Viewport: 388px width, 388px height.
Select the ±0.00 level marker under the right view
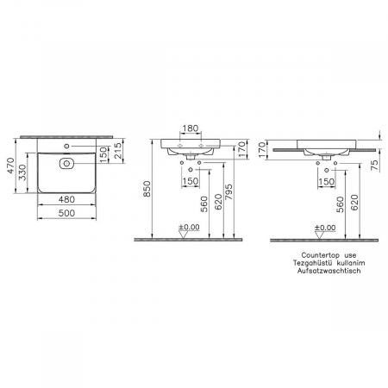[325, 227]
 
